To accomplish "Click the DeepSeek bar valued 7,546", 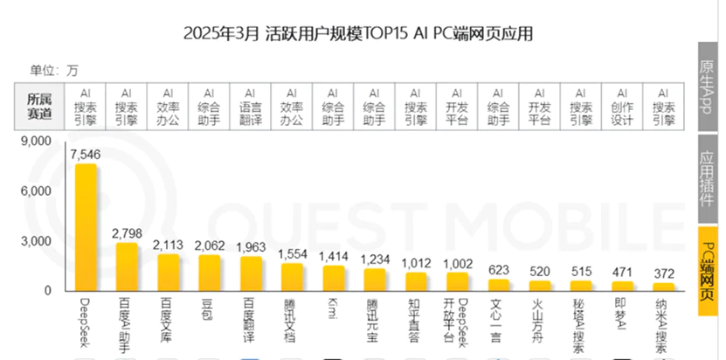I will click(x=86, y=227).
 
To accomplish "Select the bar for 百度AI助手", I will click(x=127, y=267).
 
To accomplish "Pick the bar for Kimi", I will click(x=333, y=278).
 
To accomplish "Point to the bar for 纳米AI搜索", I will click(x=664, y=287).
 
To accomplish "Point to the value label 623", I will click(x=499, y=269).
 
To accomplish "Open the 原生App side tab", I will click(x=709, y=84).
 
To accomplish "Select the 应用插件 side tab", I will click(x=709, y=179).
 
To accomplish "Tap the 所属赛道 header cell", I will click(x=39, y=107).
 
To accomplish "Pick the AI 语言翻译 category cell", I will click(x=250, y=107).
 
